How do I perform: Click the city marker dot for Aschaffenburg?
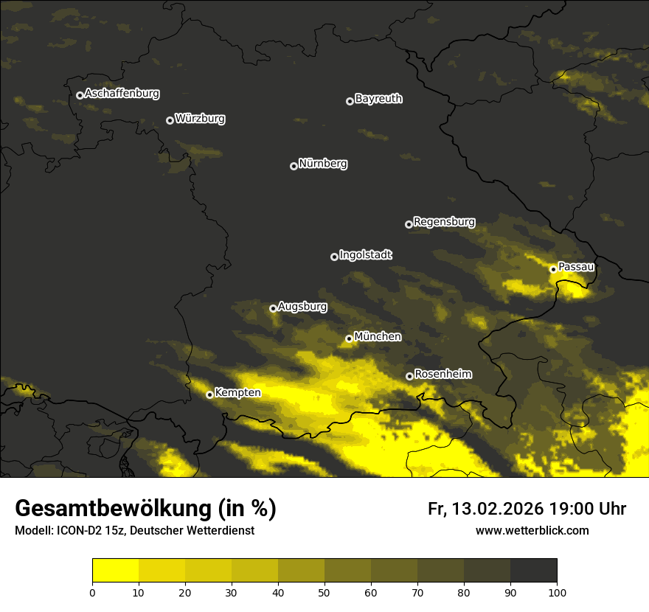(80, 95)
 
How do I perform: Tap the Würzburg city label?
(200, 119)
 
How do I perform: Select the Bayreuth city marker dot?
(350, 101)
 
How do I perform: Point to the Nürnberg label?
(323, 164)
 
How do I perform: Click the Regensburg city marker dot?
(409, 224)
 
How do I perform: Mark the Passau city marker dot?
(553, 269)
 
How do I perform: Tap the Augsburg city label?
(302, 306)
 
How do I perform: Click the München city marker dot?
(349, 339)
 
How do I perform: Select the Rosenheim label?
(442, 375)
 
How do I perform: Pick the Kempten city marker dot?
(209, 394)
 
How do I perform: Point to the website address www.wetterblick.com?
(532, 530)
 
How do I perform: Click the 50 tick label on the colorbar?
(324, 591)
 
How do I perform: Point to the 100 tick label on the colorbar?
(557, 591)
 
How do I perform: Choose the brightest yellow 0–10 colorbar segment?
(115, 571)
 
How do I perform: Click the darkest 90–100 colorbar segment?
(533, 571)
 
